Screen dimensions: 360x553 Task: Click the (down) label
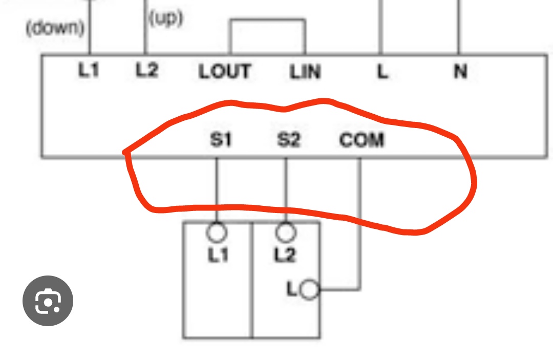(x=55, y=28)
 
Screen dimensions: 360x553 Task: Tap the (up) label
(x=165, y=19)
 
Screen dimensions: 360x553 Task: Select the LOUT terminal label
(x=225, y=72)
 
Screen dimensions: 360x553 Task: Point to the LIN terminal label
(x=305, y=72)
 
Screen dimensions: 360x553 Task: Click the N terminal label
(x=460, y=72)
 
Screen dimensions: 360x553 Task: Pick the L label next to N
(x=382, y=72)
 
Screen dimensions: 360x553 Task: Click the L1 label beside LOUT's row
(x=89, y=70)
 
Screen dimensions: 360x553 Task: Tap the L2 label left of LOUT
(x=146, y=70)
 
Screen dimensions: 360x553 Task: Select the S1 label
(x=221, y=139)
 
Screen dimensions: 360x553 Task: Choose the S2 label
(x=288, y=139)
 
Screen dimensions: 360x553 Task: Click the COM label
(x=361, y=140)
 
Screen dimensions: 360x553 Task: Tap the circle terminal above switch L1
(x=217, y=232)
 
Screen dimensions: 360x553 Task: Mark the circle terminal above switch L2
(x=286, y=232)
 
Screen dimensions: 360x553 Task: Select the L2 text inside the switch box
(x=285, y=255)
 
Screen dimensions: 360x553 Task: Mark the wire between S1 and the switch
(x=216, y=189)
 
